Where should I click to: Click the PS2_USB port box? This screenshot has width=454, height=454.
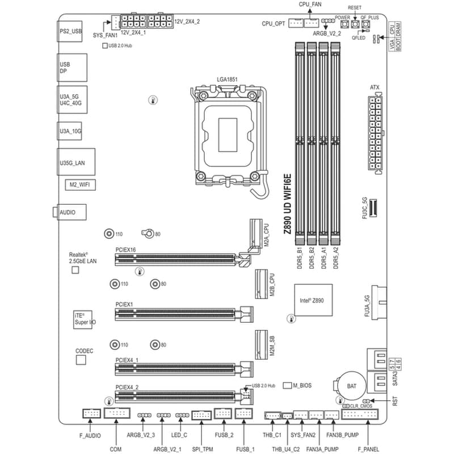(71, 33)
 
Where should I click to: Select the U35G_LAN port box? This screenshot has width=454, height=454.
(75, 162)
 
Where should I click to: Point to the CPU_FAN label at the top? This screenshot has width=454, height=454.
(310, 4)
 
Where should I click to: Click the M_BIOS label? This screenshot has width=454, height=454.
(302, 385)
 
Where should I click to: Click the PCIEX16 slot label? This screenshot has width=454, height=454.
(125, 249)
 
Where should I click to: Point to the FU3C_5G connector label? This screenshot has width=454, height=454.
(365, 209)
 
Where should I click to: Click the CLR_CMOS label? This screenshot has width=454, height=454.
(361, 406)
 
